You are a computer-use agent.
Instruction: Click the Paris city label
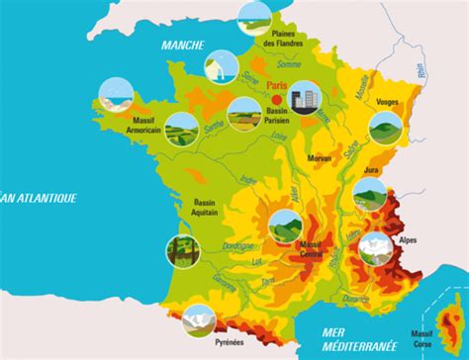click(276, 87)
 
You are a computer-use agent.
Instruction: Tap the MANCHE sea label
click(184, 45)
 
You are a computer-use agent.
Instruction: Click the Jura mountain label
click(372, 169)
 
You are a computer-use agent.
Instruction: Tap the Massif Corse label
click(422, 338)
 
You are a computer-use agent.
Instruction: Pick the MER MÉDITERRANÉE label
click(348, 338)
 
